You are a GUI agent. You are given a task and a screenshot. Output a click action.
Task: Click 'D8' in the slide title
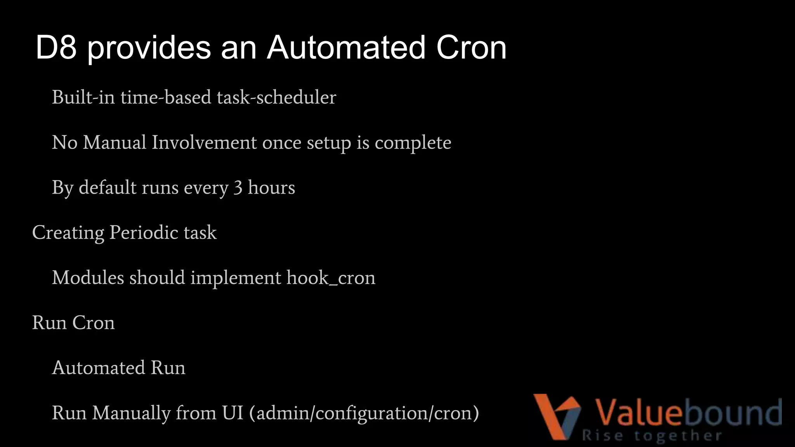(56, 48)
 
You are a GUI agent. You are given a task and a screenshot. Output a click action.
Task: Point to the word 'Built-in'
(83, 97)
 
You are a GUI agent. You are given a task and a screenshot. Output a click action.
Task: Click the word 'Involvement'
(204, 142)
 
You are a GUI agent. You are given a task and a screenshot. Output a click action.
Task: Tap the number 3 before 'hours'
(238, 188)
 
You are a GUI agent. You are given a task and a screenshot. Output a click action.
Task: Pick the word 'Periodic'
(144, 233)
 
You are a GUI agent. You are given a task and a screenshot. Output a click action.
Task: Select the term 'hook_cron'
(331, 278)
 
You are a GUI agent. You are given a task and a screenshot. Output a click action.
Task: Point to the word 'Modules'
(88, 278)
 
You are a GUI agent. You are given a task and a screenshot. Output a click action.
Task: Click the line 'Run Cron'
(73, 323)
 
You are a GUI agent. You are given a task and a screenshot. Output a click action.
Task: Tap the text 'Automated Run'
(119, 368)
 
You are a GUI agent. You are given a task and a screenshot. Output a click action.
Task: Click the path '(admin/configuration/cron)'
(364, 413)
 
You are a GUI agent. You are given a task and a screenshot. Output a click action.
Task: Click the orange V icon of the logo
(556, 415)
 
